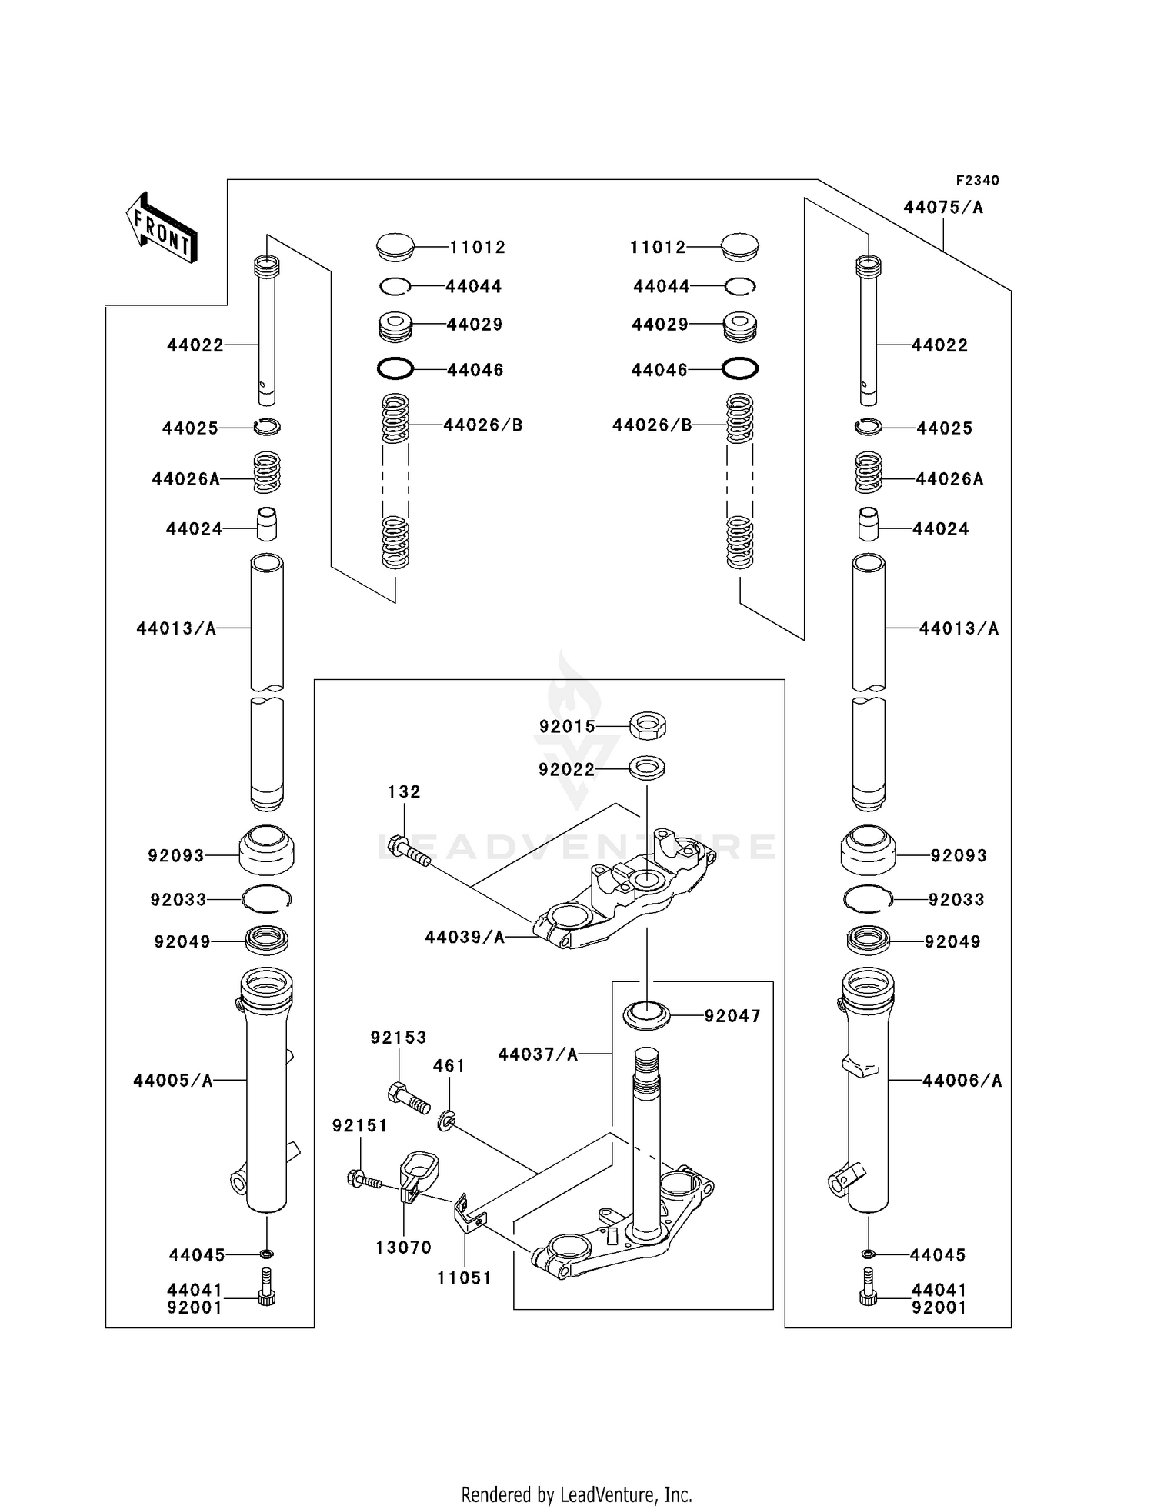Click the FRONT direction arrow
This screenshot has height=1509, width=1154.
[162, 228]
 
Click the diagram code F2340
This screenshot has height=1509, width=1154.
[977, 181]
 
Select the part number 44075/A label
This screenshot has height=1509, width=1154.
[943, 208]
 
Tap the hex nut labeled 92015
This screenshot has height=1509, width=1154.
[648, 725]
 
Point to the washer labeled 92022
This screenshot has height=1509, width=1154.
[647, 768]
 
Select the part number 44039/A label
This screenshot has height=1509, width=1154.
[465, 937]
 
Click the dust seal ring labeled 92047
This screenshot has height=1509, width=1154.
[646, 1015]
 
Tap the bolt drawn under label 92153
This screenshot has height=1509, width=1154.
[408, 1098]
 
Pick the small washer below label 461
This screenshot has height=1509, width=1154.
[445, 1122]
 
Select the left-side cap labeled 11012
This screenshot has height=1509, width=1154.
[395, 247]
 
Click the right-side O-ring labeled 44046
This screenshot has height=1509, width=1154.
[740, 369]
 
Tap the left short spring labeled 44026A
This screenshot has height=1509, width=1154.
[267, 472]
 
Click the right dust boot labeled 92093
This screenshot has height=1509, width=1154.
[868, 851]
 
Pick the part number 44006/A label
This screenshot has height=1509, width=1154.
[962, 1081]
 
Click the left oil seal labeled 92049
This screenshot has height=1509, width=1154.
[267, 939]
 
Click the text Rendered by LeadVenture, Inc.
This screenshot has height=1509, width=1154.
[576, 1494]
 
